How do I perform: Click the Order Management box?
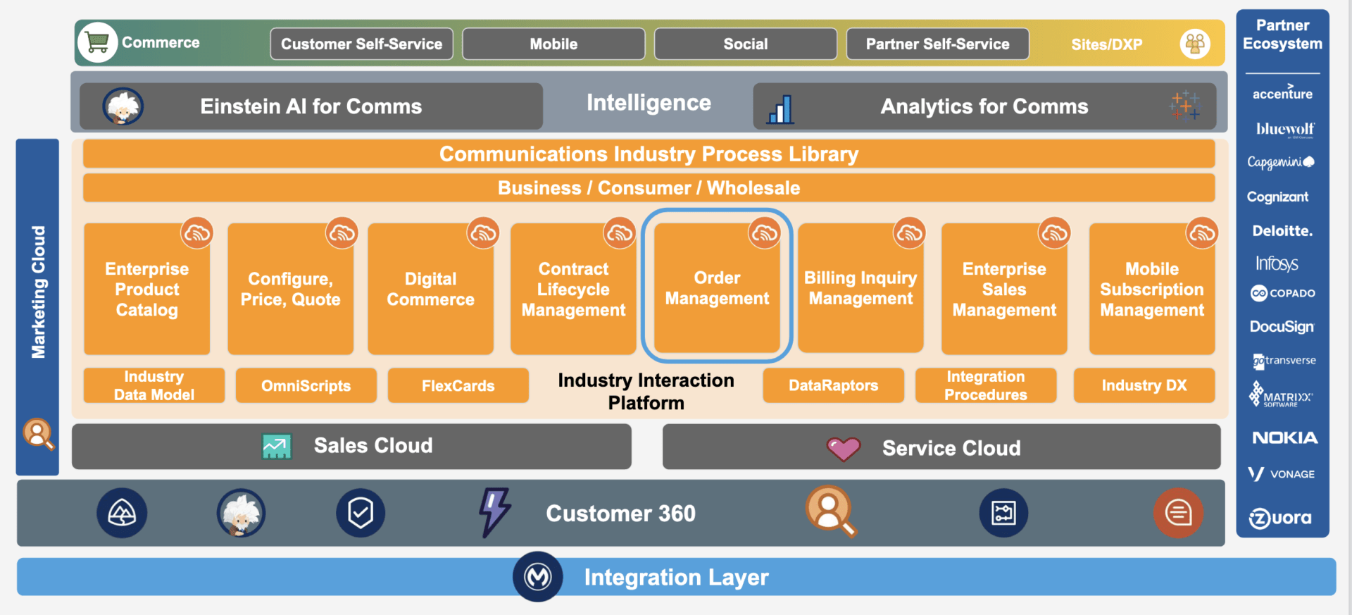pos(717,288)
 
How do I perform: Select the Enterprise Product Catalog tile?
pos(146,289)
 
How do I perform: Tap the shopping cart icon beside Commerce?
pos(98,43)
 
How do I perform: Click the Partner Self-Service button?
pos(937,44)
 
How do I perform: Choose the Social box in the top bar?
pos(745,44)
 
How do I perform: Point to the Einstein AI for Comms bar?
pos(311,106)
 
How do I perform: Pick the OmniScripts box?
pos(306,386)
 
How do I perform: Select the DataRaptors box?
pos(833,386)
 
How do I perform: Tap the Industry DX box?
pos(1144,386)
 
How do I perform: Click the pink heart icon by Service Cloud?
pos(843,448)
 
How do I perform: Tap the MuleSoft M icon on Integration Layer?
pos(538,577)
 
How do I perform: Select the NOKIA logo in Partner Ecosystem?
pos(1284,438)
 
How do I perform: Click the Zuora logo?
pos(1280,518)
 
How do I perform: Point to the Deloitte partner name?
pos(1282,231)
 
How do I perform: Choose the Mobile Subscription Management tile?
pos(1151,289)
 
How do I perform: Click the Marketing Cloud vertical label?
pos(38,292)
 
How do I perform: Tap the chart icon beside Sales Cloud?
pos(276,446)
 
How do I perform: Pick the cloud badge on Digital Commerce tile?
pos(483,232)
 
